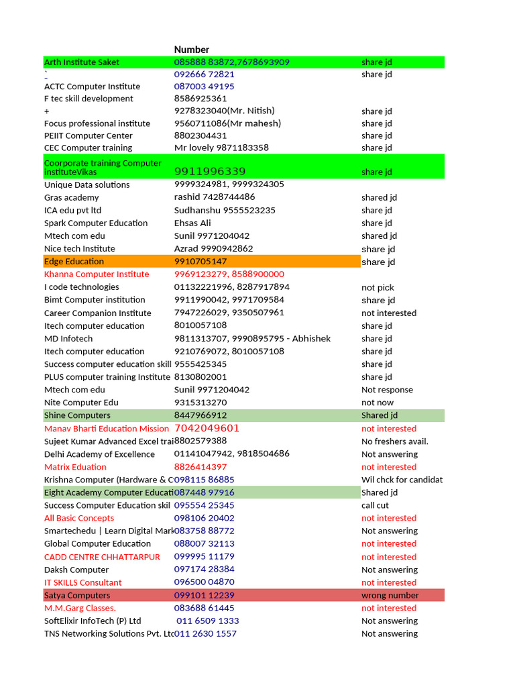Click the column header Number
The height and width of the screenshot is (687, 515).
tap(191, 50)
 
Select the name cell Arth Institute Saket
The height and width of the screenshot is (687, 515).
tap(82, 62)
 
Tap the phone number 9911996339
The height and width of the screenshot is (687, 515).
tap(210, 172)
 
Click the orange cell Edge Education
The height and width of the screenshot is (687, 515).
tap(74, 262)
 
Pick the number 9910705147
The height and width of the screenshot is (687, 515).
tap(201, 262)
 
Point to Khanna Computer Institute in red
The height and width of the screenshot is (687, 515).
tap(97, 274)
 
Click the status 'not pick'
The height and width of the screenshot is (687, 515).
tap(378, 287)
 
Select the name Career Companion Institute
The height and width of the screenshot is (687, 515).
tap(98, 313)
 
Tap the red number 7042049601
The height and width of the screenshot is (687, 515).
tap(207, 428)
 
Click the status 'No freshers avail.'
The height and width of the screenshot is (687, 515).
tap(394, 441)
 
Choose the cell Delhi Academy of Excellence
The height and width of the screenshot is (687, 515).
tap(99, 454)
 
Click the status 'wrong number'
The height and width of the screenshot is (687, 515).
tap(390, 595)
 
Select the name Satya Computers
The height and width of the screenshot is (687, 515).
tap(77, 595)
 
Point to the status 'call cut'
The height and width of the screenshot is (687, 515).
tap(375, 505)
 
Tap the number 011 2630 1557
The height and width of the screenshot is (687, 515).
tap(205, 633)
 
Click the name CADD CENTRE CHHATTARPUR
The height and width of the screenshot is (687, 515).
tap(102, 557)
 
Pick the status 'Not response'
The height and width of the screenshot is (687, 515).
tap(387, 390)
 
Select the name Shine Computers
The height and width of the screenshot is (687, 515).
tap(77, 415)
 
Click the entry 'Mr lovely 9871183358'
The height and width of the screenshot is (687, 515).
tap(221, 148)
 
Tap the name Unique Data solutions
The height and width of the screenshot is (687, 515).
tap(87, 184)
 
